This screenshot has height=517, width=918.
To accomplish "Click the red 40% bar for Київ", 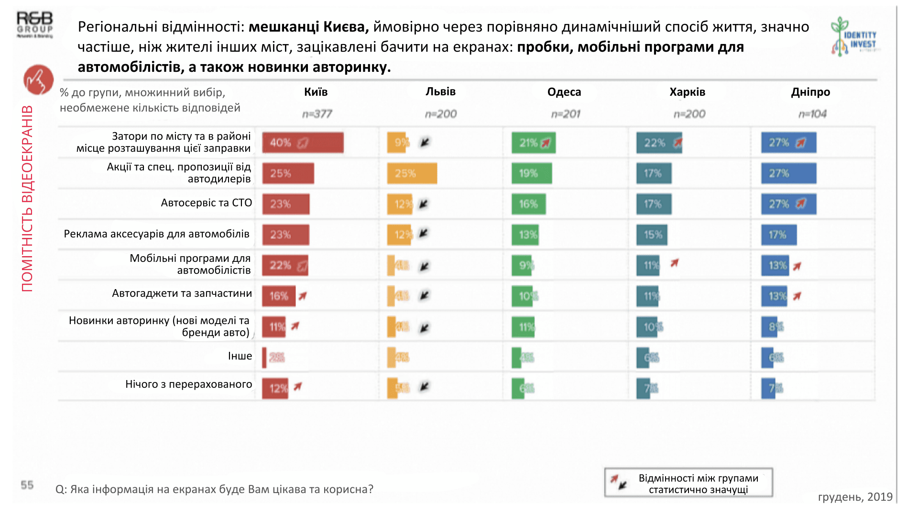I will click(303, 143).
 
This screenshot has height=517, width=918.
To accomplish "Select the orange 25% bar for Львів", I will click(412, 173).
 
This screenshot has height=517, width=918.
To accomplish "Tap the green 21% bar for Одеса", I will click(533, 143).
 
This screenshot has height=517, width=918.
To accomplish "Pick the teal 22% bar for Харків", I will click(658, 143).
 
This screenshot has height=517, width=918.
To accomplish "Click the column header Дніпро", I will click(810, 92).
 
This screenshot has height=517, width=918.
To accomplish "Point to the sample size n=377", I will click(317, 114).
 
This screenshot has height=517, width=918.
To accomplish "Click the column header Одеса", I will click(564, 92).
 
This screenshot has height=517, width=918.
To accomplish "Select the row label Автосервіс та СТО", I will click(206, 203).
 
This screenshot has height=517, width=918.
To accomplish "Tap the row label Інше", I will click(240, 356).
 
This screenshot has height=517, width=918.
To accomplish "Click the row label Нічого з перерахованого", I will click(188, 384).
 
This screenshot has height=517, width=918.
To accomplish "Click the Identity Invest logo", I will click(854, 36).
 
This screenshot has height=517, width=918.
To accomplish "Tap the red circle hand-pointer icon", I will click(38, 79).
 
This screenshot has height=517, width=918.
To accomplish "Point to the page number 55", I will click(27, 485).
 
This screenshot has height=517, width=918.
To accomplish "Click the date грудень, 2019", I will click(855, 497).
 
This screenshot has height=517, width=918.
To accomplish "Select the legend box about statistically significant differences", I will click(688, 483).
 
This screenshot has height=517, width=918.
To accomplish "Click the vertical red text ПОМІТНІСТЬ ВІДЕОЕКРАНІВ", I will click(27, 199).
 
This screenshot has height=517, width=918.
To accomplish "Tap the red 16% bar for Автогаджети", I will click(278, 296).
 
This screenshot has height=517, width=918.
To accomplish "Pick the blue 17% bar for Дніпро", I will click(778, 235).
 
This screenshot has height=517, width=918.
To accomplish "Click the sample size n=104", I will click(812, 114).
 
